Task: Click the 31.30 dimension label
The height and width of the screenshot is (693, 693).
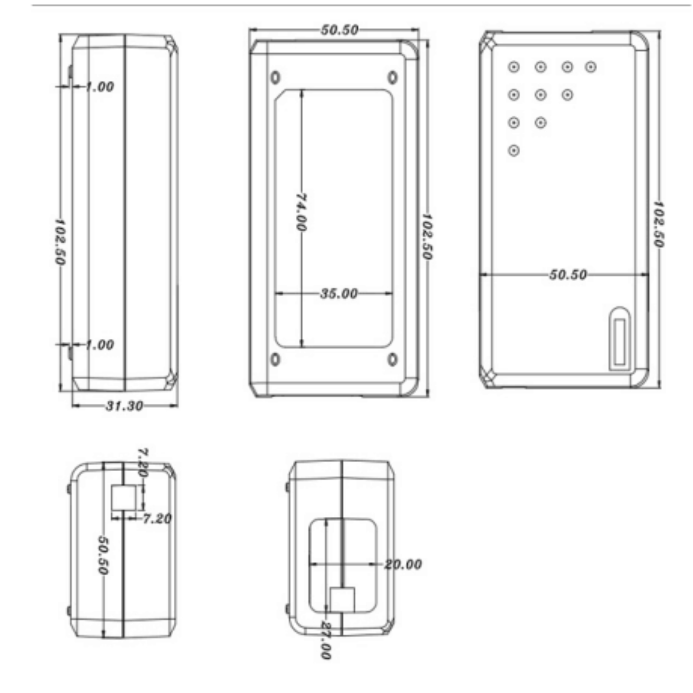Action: [124, 406]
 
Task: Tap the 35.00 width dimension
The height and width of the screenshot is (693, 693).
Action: [339, 294]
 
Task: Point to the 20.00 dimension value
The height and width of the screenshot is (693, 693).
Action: [403, 564]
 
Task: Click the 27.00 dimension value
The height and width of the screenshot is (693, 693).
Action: [325, 640]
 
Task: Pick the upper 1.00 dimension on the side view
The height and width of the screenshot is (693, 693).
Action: [100, 87]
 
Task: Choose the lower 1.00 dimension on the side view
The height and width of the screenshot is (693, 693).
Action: [100, 345]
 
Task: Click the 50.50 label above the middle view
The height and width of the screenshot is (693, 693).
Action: [340, 30]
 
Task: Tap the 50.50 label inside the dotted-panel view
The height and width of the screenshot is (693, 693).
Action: [568, 275]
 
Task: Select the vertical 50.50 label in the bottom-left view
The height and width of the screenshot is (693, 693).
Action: [103, 555]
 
